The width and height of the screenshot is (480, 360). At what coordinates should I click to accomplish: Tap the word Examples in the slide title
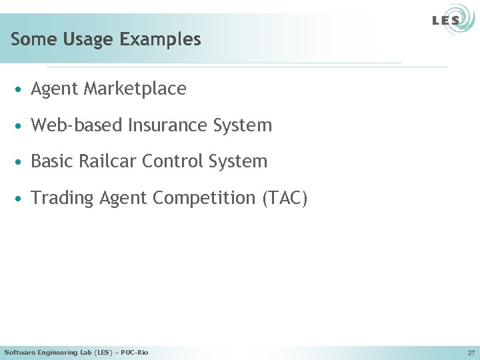(x=160, y=39)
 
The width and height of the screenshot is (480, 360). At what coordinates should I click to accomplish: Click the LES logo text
(x=446, y=20)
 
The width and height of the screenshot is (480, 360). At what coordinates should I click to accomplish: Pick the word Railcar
(x=106, y=161)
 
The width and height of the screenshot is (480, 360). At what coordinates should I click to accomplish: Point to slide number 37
(x=471, y=353)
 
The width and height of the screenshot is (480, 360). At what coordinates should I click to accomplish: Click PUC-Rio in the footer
(x=135, y=352)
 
